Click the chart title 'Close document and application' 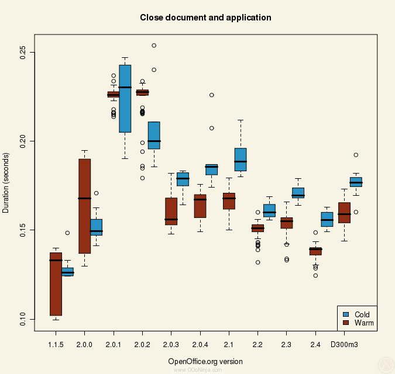pos(205,18)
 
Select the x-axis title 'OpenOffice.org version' pos(205,361)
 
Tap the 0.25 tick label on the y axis pos(22,53)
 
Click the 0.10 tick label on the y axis pos(22,319)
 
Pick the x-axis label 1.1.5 pos(56,345)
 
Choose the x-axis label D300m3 pos(344,345)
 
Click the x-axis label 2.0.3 pos(171,345)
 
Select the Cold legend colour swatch pos(346,314)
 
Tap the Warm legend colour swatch pos(346,323)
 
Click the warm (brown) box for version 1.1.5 pos(56,284)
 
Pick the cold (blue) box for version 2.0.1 pos(125,99)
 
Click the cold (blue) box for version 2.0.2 pos(154,135)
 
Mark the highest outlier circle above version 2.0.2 pos(154,46)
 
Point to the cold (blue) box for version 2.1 pos(241,160)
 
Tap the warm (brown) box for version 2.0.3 pos(171,211)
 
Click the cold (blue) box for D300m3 pos(356,182)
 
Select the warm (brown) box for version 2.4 pos(315,251)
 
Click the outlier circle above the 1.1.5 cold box pos(67,233)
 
